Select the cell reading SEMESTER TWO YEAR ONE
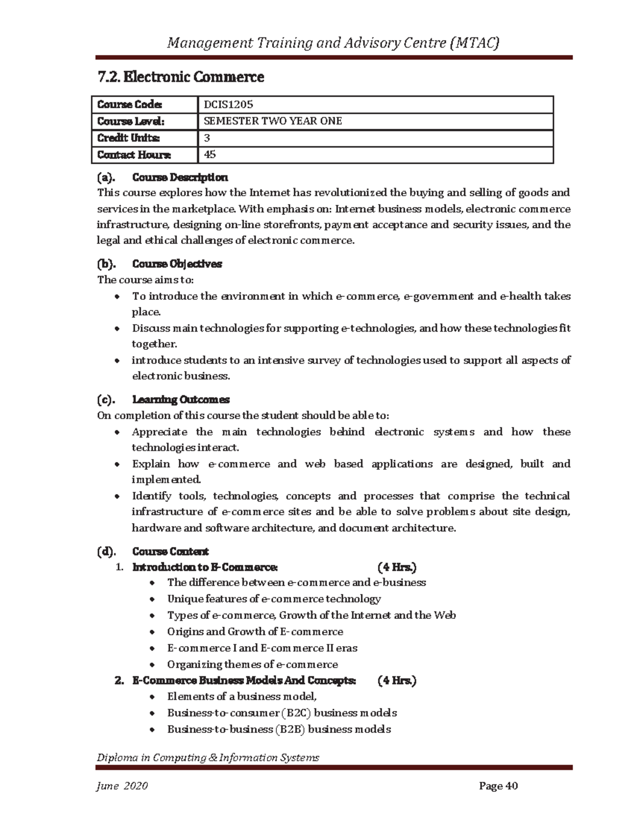point(273,121)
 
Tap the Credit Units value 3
point(207,138)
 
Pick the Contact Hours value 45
point(210,155)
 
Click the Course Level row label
point(130,121)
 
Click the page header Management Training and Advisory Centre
point(333,43)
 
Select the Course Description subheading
point(180,177)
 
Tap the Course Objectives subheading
point(176,263)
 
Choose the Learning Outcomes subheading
point(181,399)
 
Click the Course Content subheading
point(170,551)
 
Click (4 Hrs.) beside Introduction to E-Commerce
point(397,567)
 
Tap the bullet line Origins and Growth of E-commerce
point(255,632)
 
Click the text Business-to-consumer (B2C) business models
point(282,713)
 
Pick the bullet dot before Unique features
point(153,600)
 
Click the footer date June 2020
point(122,786)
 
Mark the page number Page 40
point(498,786)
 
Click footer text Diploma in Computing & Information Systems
point(208,758)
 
